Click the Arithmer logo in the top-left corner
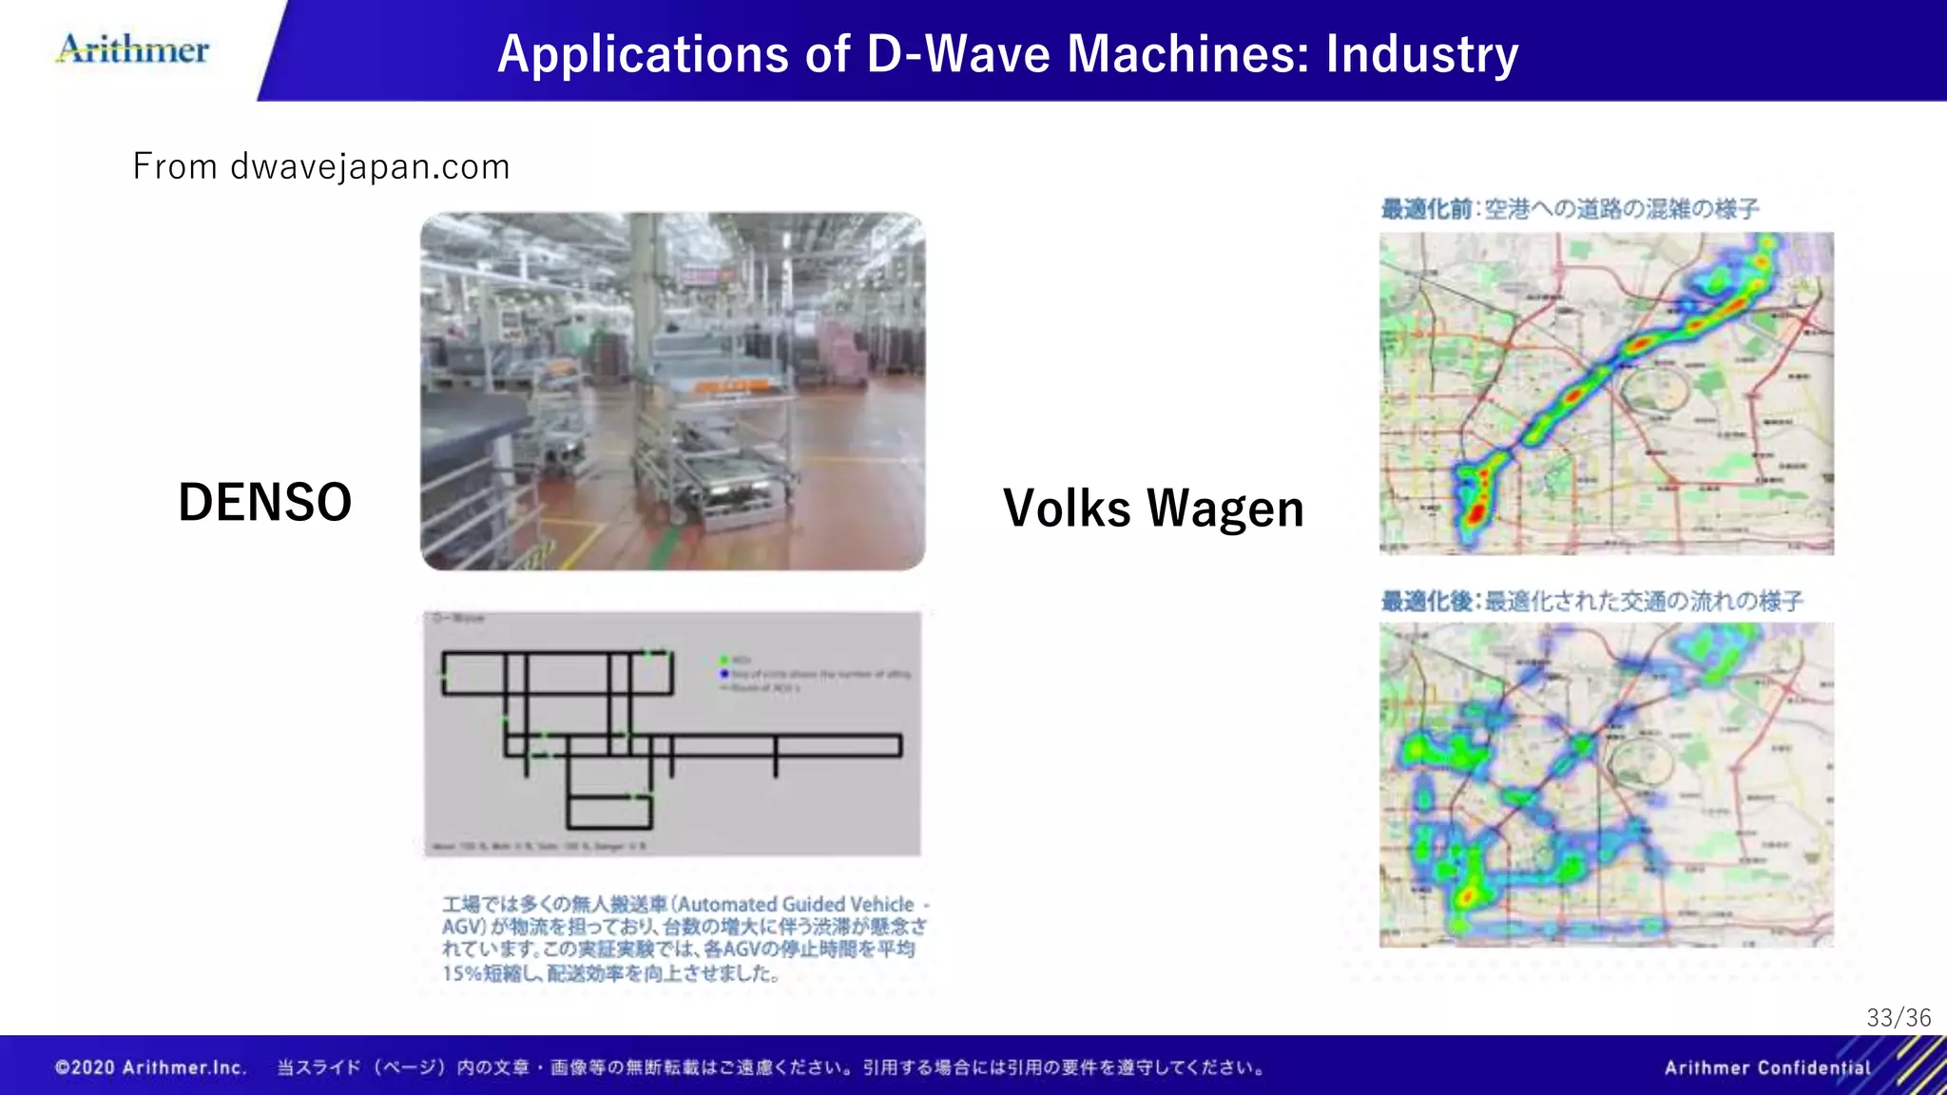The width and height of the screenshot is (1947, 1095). pos(133,49)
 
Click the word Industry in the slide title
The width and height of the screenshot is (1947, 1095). pos(1422,54)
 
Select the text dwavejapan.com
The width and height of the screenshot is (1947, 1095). pos(370,167)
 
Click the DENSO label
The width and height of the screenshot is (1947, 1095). pos(264,503)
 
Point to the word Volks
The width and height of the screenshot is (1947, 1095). pos(1067,509)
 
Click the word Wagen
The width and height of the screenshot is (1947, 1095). pos(1225,509)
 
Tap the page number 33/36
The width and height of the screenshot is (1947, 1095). pos(1899,1018)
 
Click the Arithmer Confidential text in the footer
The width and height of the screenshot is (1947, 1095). pos(1767,1068)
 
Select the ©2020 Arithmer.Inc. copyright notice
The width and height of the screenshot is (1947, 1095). pos(151,1068)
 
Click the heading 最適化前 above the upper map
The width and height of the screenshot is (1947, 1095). pos(1426,209)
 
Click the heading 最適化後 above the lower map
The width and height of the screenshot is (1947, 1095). pos(1426,602)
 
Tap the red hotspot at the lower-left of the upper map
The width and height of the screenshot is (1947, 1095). pos(1475,513)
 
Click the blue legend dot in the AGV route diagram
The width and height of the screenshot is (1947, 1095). pos(724,674)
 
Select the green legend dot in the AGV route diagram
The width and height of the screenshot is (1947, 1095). pos(724,660)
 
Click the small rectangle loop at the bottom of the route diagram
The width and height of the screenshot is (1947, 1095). pos(609,813)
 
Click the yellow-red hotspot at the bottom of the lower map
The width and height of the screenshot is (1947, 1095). pos(1468,895)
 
